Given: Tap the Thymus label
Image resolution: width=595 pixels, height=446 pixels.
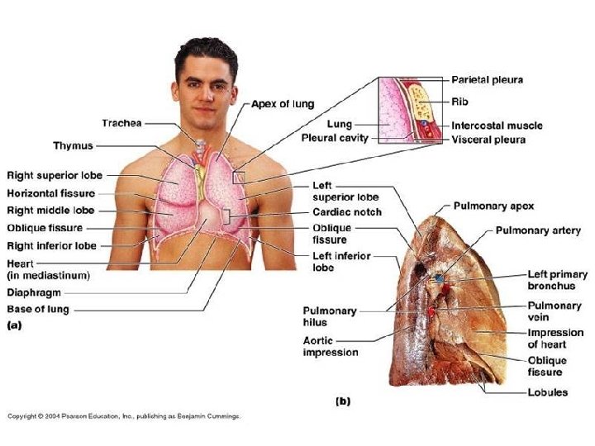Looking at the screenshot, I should [x=73, y=145].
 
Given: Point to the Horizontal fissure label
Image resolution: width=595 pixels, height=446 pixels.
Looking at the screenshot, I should [x=51, y=192].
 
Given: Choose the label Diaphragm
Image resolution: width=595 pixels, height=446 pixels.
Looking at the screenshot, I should [x=34, y=292].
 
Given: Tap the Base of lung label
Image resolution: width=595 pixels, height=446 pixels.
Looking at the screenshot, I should [x=38, y=309].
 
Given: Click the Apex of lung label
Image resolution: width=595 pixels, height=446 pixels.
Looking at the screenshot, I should [x=282, y=104].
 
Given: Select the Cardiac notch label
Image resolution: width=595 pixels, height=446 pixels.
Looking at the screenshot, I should [x=346, y=212].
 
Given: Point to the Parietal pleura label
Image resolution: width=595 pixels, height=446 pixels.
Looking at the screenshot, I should [x=487, y=80].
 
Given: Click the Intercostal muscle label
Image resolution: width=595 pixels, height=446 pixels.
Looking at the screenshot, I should [x=497, y=126].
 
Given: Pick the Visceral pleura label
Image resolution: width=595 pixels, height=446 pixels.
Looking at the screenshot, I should [x=488, y=140].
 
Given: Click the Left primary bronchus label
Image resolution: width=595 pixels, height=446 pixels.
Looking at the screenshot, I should [x=558, y=279].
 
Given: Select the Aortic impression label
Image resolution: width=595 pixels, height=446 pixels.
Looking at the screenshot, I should [x=331, y=346].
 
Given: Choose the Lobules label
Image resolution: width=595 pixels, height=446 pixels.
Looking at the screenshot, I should [x=548, y=391].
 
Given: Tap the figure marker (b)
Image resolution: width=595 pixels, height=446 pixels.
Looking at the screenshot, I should [x=342, y=401].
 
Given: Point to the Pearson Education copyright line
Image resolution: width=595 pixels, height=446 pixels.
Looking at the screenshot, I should [x=124, y=416].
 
